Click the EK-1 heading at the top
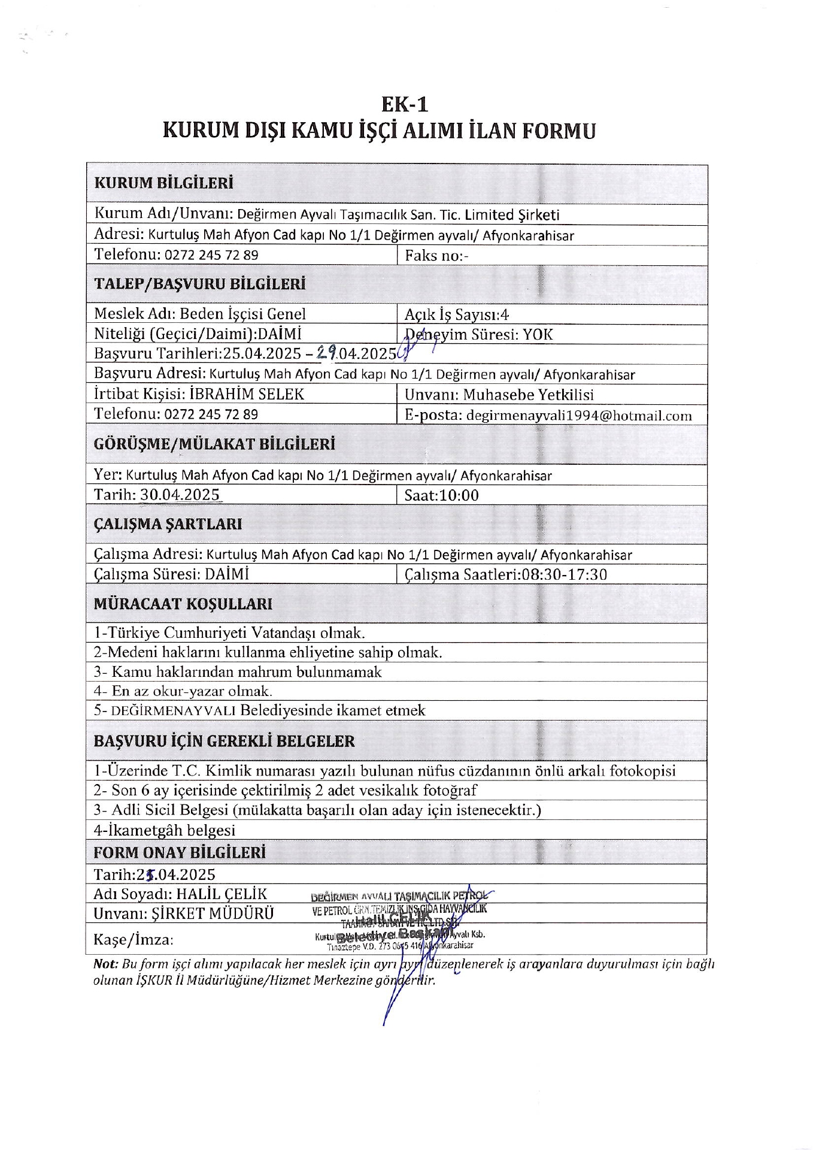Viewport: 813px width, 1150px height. coord(405,105)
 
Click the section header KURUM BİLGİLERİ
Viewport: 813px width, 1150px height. coord(163,183)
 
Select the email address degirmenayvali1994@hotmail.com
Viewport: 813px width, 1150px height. coord(578,416)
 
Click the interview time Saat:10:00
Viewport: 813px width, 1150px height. coord(442,495)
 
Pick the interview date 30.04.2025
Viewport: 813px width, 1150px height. coord(180,495)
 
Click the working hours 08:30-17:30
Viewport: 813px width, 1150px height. coord(564,575)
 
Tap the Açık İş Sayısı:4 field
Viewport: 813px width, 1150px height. coord(457,314)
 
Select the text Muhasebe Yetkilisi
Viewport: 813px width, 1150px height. coord(528,395)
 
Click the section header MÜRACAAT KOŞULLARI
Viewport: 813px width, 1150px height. coord(183,604)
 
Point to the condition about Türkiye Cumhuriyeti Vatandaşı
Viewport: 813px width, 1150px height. coord(229,633)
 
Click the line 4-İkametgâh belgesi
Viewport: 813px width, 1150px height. coord(164,830)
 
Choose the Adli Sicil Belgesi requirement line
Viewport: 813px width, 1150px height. coord(317,810)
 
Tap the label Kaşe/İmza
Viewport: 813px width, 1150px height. coord(133,940)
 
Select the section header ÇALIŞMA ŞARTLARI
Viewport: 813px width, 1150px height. coord(168,524)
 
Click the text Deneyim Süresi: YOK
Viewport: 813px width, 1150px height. coord(479,334)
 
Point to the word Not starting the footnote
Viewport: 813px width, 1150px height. coord(105,965)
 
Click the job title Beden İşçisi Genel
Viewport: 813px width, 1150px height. coord(242,314)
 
